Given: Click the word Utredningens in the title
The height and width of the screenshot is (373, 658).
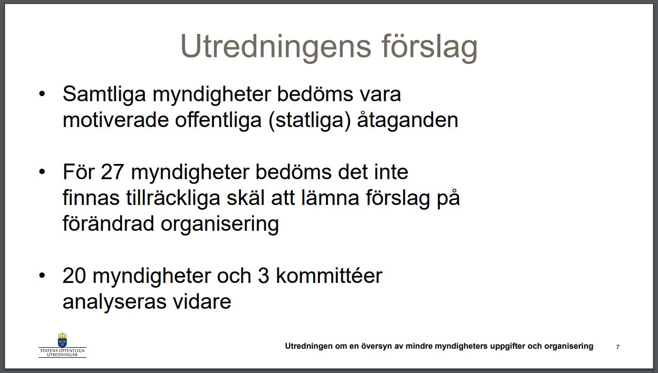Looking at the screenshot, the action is (x=276, y=47).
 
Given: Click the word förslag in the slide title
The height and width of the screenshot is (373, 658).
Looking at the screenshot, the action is (x=429, y=47).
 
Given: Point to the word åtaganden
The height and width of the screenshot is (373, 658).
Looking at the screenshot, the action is (x=407, y=119).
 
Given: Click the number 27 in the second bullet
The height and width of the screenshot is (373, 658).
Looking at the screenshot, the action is (x=112, y=172).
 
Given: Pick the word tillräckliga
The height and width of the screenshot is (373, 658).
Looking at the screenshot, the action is (x=173, y=198).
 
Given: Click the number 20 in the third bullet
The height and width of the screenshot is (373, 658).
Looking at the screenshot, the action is (x=74, y=276).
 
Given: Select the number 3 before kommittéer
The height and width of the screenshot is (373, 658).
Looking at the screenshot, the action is (x=264, y=276).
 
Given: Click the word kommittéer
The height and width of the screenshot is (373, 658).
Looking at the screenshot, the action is (x=329, y=275).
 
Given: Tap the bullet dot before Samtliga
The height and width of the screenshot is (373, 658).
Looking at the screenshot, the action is (x=42, y=94).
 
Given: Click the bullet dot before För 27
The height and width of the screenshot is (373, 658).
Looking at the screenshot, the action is (x=42, y=172).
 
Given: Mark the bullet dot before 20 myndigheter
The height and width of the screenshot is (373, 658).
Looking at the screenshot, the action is (x=42, y=275).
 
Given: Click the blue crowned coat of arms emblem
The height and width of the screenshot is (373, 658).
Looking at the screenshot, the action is (x=62, y=340).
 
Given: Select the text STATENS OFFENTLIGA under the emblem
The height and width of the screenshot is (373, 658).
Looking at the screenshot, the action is (x=62, y=351).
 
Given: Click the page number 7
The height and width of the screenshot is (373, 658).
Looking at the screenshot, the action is (x=618, y=347).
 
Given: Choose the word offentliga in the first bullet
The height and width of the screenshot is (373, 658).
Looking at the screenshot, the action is (x=218, y=119).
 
